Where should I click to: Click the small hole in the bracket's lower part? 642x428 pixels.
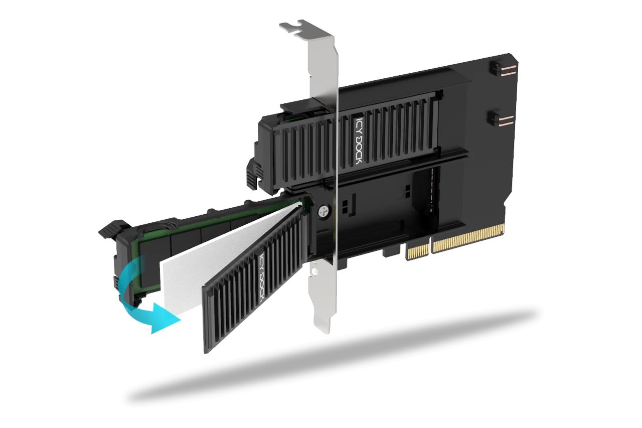pyautogui.click(x=315, y=271)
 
